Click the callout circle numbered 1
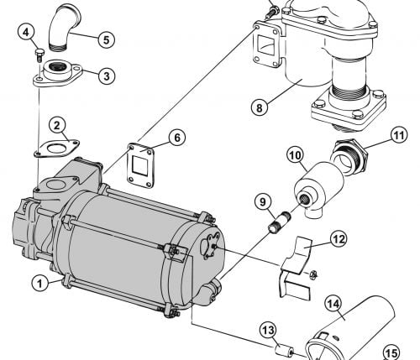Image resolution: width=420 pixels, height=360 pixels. click(40, 283)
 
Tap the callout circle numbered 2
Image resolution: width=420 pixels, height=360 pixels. click(57, 126)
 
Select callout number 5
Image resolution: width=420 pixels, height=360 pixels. click(107, 39)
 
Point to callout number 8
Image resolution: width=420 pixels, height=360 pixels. click(260, 107)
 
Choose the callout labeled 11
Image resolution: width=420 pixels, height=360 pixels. click(399, 136)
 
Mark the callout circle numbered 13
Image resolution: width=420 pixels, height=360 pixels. click(268, 331)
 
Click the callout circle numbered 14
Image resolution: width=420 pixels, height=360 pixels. click(333, 305)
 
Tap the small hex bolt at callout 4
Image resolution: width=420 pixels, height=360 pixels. click(39, 55)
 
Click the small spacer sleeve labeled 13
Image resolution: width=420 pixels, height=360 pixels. click(284, 351)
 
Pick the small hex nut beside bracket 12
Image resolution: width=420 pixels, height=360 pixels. click(312, 274)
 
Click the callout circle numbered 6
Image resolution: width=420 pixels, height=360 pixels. click(177, 138)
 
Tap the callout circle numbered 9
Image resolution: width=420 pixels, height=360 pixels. click(263, 202)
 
